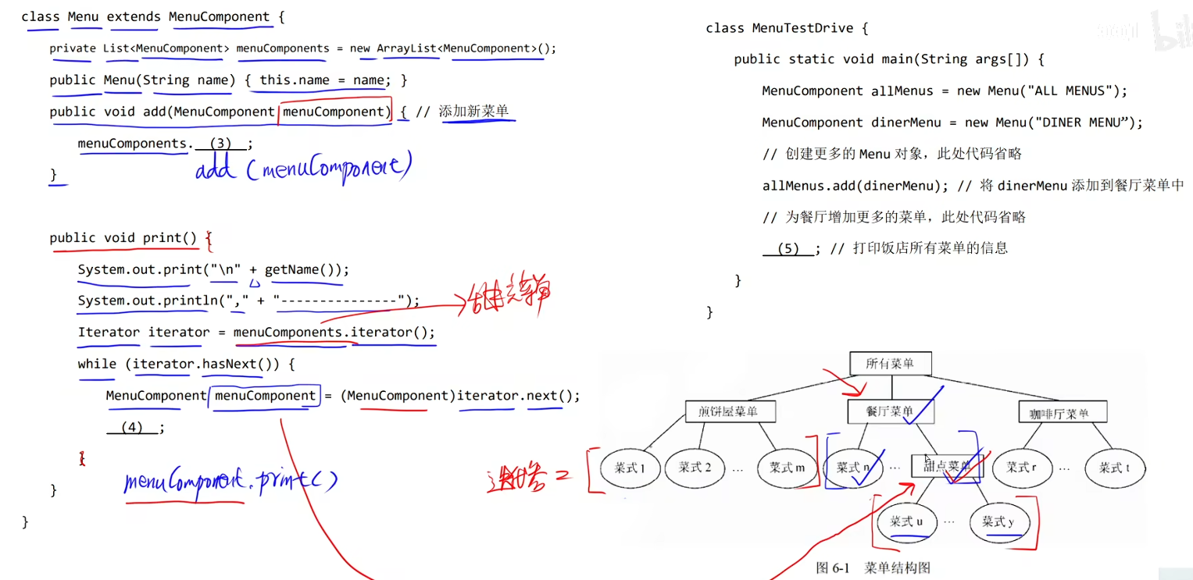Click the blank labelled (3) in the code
point(220,144)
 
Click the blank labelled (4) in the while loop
point(132,428)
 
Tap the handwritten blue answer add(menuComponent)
point(302,167)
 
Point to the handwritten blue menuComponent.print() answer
point(230,482)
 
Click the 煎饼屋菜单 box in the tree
point(727,411)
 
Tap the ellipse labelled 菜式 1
point(630,468)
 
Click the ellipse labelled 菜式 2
point(695,468)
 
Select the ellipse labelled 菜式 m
point(787,468)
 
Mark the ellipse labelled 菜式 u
point(906,521)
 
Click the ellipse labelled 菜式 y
point(998,521)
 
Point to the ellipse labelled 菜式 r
point(1022,468)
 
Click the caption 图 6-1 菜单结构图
point(873,568)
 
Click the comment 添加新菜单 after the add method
point(473,112)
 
